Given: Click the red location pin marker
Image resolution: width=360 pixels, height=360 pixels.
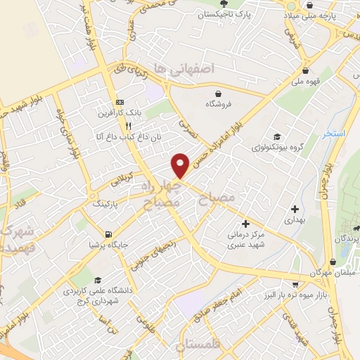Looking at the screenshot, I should click(x=181, y=165).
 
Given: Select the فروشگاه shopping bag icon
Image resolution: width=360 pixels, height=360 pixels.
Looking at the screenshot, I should click(x=219, y=94).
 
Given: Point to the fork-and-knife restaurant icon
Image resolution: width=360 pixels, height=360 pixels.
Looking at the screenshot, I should click(x=127, y=126).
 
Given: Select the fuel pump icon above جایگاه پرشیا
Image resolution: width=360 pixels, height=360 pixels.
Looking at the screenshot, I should click(x=107, y=234).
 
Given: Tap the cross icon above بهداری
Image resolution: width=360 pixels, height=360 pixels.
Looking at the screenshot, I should click(x=294, y=208).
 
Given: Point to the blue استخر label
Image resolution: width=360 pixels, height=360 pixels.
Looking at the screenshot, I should click(x=329, y=133).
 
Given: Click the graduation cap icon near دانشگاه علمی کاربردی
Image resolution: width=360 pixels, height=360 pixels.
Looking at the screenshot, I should click(x=96, y=279).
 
